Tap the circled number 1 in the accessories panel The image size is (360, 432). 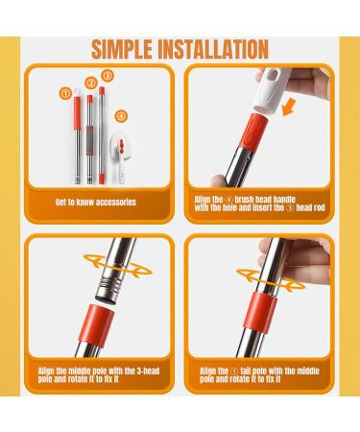pos(66,93)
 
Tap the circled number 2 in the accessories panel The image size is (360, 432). pos(89,84)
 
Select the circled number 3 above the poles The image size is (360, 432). pos(108,75)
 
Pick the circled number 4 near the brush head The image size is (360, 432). pos(121,118)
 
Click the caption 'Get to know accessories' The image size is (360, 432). pos(95,204)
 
